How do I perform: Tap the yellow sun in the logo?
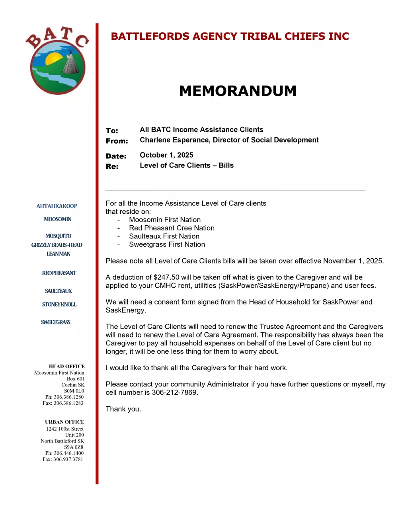tap(53, 60)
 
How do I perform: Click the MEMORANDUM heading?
tap(238, 91)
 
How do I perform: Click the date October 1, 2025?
tap(166, 155)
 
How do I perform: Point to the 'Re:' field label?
tap(112, 166)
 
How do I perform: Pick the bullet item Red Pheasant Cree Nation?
tap(172, 228)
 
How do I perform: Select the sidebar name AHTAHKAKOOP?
tap(57, 206)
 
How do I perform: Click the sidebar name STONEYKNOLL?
tap(59, 304)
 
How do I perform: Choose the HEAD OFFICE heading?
tap(66, 367)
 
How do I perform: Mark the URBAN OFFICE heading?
tap(64, 422)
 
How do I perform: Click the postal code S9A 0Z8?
tap(74, 447)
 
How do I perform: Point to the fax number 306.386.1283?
tap(68, 403)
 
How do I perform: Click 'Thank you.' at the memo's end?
tap(123, 409)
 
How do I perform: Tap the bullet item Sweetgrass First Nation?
tap(167, 244)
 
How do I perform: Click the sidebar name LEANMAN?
tap(59, 254)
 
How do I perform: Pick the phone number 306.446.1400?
tap(69, 453)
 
